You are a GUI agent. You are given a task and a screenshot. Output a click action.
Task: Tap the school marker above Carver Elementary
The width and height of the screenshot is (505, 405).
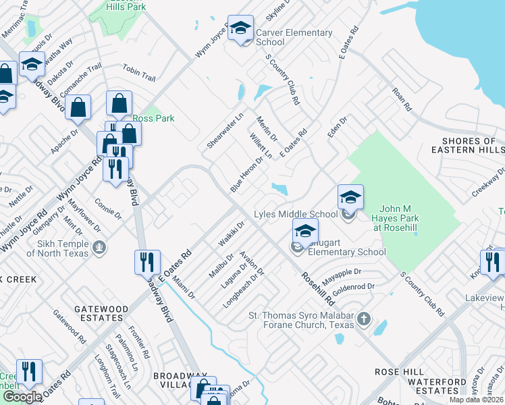240,29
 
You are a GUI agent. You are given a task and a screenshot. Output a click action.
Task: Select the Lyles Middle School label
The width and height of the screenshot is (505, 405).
295,215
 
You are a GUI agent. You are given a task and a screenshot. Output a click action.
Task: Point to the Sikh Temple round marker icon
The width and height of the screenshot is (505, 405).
100,246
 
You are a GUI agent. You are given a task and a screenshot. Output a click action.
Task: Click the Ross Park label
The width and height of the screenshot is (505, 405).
153,118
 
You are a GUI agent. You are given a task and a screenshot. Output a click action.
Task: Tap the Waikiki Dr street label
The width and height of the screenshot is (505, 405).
230,233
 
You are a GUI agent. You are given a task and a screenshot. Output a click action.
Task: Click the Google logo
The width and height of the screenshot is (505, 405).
22,397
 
